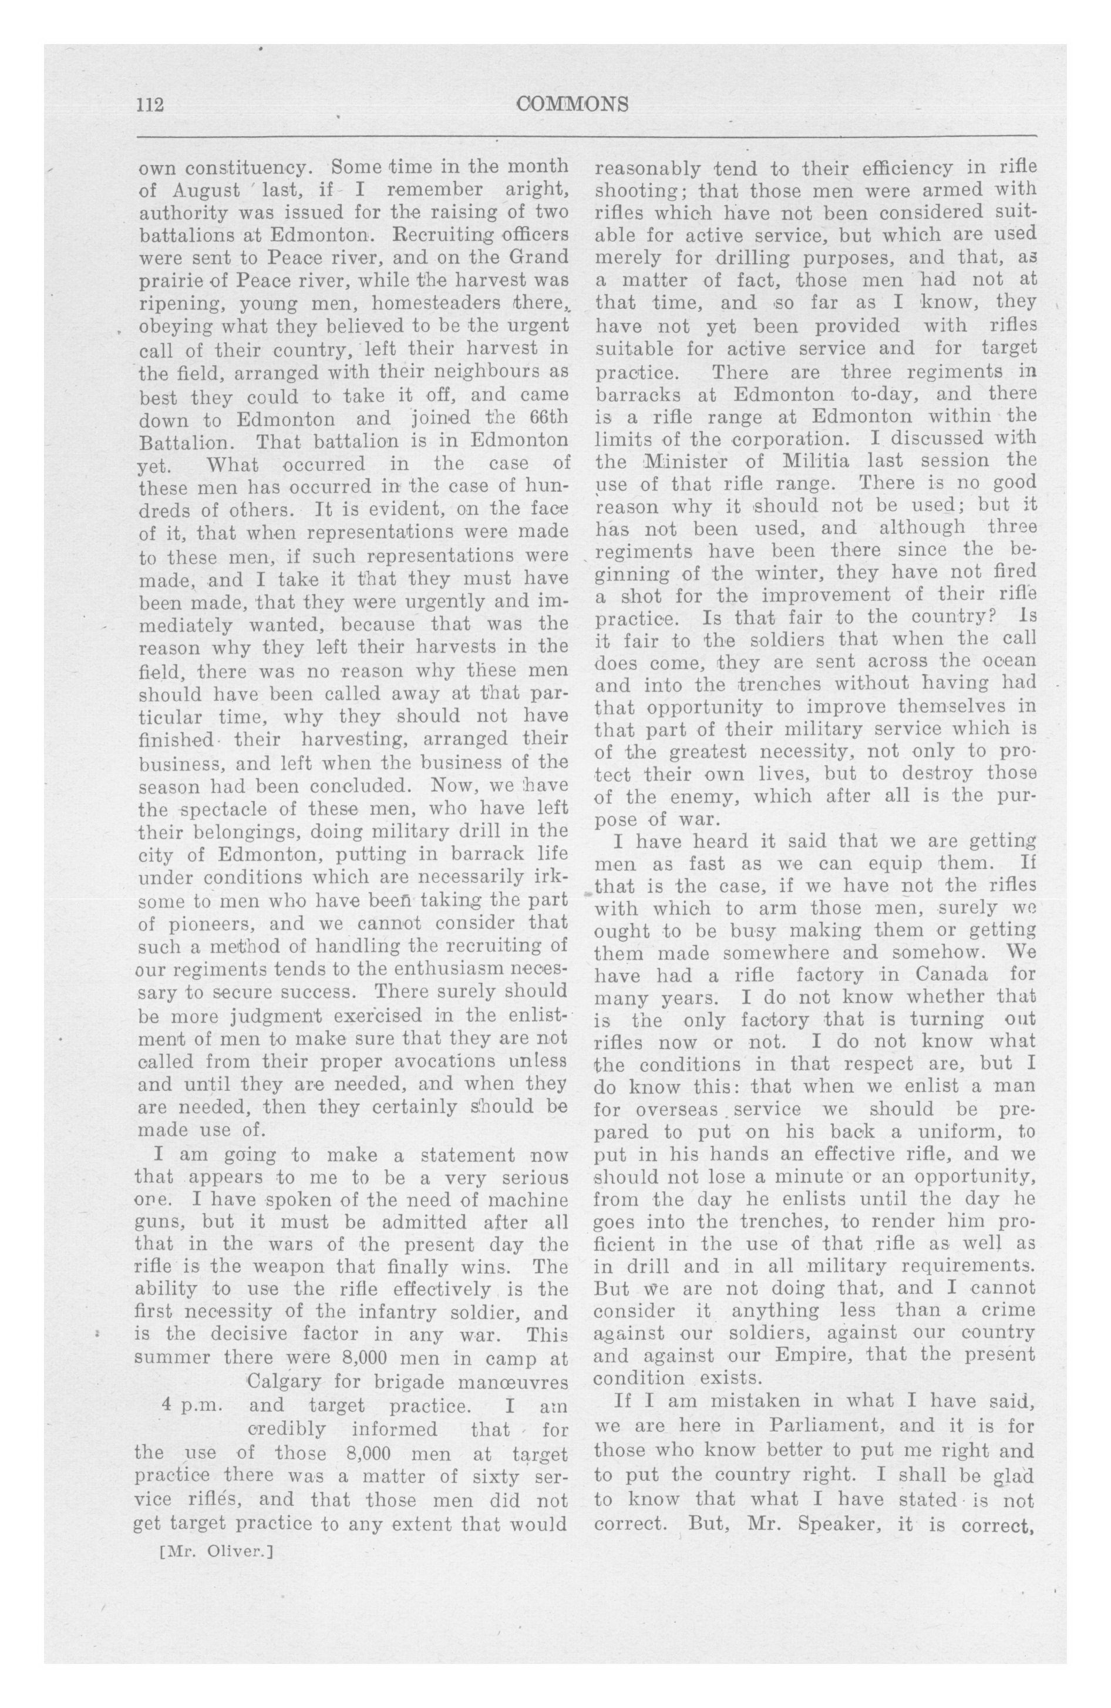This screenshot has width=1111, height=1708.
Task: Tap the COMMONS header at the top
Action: (572, 104)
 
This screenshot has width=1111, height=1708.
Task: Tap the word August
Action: (206, 191)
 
